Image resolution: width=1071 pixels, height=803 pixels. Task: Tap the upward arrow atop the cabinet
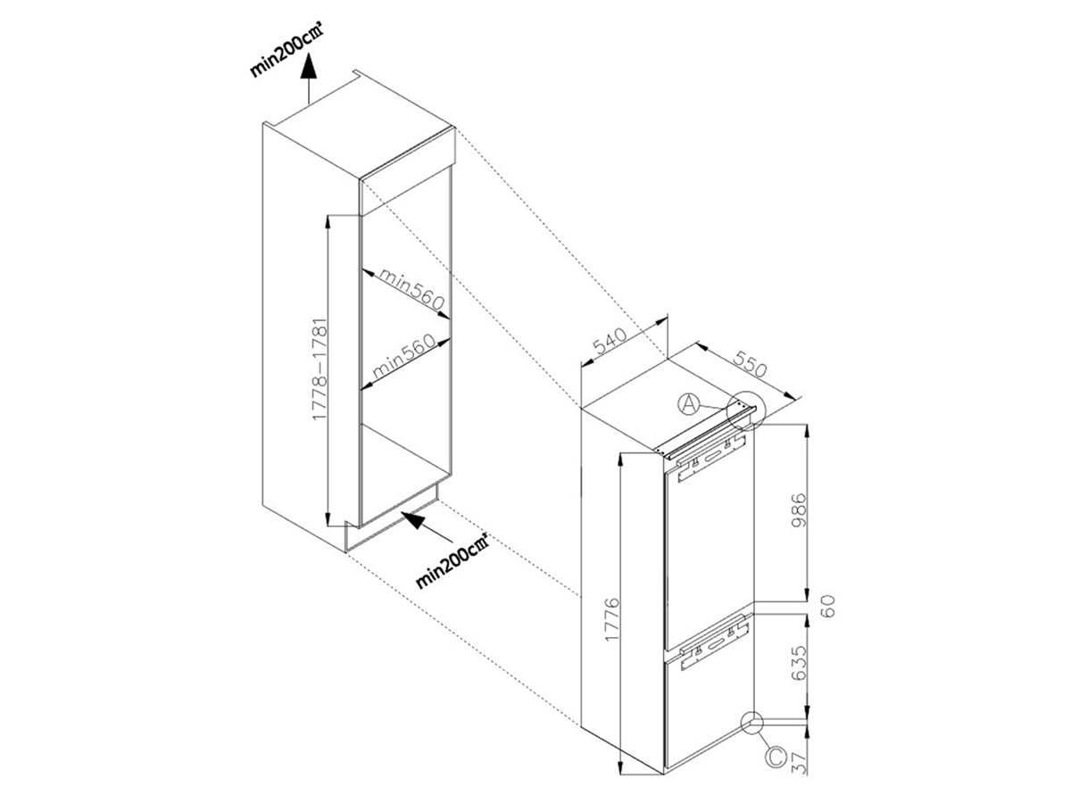tap(309, 76)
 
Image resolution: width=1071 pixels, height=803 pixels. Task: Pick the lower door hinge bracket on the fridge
tap(711, 647)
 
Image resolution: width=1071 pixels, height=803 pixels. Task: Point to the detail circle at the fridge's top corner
tap(743, 411)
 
